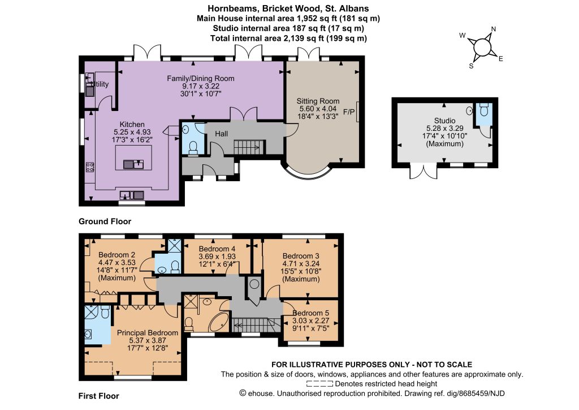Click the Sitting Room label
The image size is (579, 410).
[x=318, y=101]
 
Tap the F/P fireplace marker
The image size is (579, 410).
[x=348, y=112]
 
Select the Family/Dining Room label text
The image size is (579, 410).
[x=201, y=78]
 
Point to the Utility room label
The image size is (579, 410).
[x=100, y=84]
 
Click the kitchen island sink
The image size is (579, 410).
[x=133, y=164]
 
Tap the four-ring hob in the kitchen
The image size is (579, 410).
[x=90, y=167]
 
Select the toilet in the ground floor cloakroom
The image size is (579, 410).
[x=193, y=147]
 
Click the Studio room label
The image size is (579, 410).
[x=444, y=121]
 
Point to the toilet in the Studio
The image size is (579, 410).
[x=484, y=110]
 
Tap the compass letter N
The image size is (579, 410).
[x=493, y=29]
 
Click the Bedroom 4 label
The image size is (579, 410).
[x=217, y=249]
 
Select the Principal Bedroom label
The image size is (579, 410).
[x=148, y=333]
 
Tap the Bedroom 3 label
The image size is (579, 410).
[x=301, y=256]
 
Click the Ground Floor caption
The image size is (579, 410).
[x=105, y=221]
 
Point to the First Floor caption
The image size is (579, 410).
[x=98, y=396]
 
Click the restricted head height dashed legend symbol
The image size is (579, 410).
[x=319, y=384]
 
